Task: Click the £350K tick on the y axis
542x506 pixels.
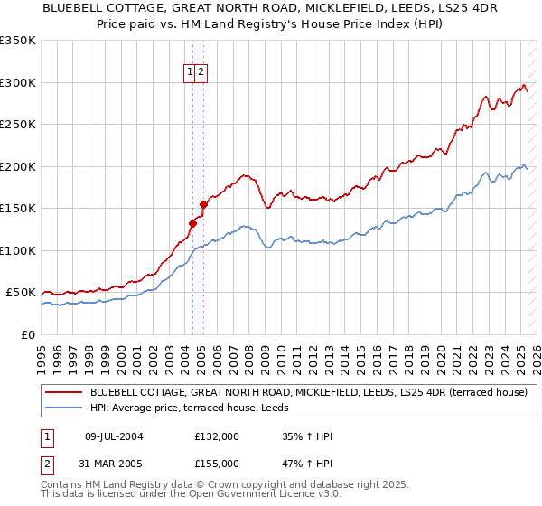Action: click(x=18, y=41)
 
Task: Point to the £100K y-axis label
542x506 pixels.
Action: click(x=18, y=250)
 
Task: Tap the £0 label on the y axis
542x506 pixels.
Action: click(x=26, y=334)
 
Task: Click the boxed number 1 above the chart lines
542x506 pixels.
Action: click(x=192, y=74)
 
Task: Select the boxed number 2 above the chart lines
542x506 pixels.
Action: click(x=201, y=74)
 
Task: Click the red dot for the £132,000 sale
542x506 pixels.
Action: click(x=192, y=223)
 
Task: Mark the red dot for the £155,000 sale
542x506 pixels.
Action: click(x=203, y=204)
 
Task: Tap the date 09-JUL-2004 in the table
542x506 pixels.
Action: click(x=114, y=436)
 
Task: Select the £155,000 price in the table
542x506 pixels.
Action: click(x=217, y=463)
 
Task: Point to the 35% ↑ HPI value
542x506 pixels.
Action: click(x=307, y=436)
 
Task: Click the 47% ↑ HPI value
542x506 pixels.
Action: click(x=307, y=463)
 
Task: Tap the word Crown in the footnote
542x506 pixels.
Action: click(x=196, y=485)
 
